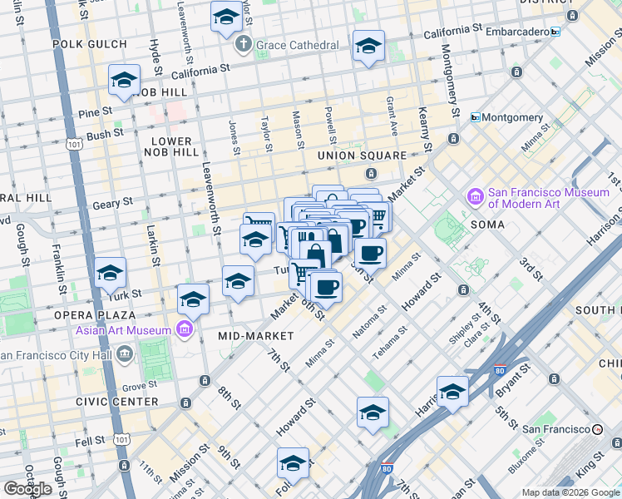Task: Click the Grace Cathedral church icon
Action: point(243,43)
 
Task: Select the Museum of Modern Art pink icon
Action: point(476,197)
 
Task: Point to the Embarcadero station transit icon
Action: point(555,32)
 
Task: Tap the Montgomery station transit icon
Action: point(476,117)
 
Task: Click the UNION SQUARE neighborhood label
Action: point(362,156)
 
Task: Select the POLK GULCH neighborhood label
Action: point(89,43)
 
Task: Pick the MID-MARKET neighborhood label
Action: point(255,336)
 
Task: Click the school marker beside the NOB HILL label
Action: point(124,81)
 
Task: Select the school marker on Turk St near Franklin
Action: point(110,273)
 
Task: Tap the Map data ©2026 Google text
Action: point(570,492)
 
